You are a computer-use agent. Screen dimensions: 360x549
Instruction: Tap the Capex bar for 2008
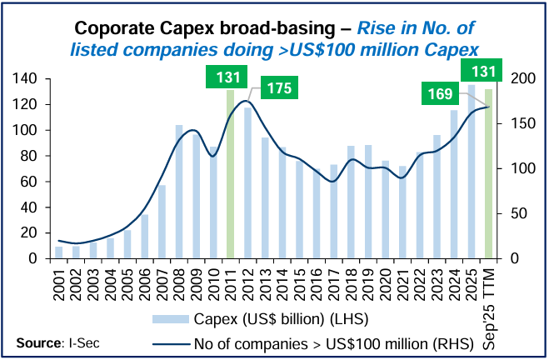click(178, 192)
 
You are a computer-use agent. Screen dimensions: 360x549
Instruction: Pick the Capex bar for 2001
click(59, 252)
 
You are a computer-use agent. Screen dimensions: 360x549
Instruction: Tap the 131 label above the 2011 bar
click(225, 77)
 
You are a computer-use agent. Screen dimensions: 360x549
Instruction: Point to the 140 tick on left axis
click(27, 78)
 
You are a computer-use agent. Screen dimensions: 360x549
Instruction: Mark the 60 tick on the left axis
click(31, 182)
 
